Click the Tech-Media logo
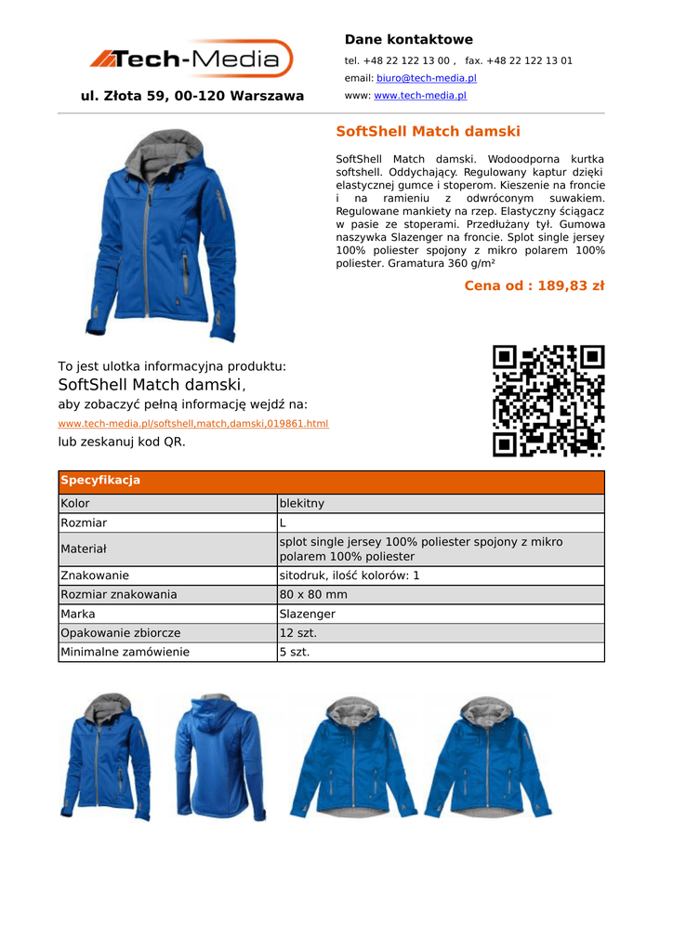point(191,59)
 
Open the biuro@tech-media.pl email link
point(426,78)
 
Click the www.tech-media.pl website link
point(419,96)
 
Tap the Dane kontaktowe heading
point(408,39)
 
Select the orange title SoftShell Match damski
point(428,132)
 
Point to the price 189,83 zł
point(534,285)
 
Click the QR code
point(548,401)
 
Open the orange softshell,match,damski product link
point(193,424)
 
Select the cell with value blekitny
point(302,503)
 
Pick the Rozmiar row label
point(84,523)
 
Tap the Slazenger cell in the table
point(308,614)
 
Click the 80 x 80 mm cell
point(313,594)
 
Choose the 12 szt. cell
point(299,632)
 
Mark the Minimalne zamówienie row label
point(125,652)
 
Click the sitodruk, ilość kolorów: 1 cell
point(350,575)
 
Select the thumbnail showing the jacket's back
point(219,757)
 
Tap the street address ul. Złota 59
point(192,96)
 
